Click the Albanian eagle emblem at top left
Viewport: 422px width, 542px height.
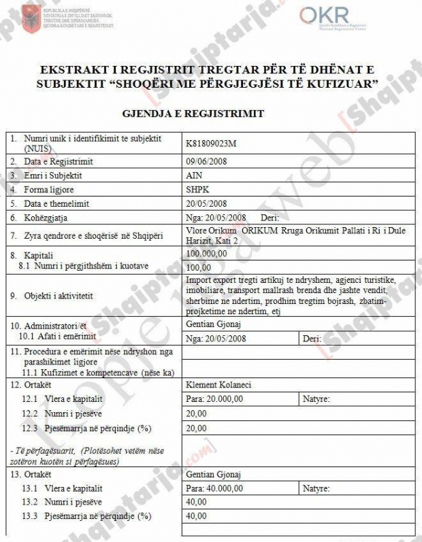point(31,16)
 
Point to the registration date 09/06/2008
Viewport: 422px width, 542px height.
point(206,162)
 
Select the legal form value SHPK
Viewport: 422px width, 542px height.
point(195,190)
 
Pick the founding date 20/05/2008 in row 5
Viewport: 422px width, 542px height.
point(206,203)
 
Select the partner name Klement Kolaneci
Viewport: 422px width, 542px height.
point(218,385)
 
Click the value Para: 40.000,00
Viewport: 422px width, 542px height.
point(214,488)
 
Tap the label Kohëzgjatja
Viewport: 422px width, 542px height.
point(46,218)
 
